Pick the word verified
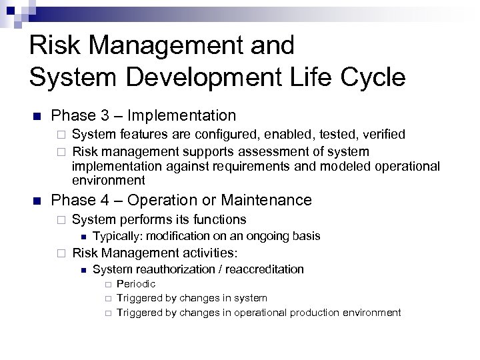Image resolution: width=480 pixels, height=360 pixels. click(381, 135)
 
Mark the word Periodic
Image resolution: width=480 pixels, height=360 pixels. click(136, 284)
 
